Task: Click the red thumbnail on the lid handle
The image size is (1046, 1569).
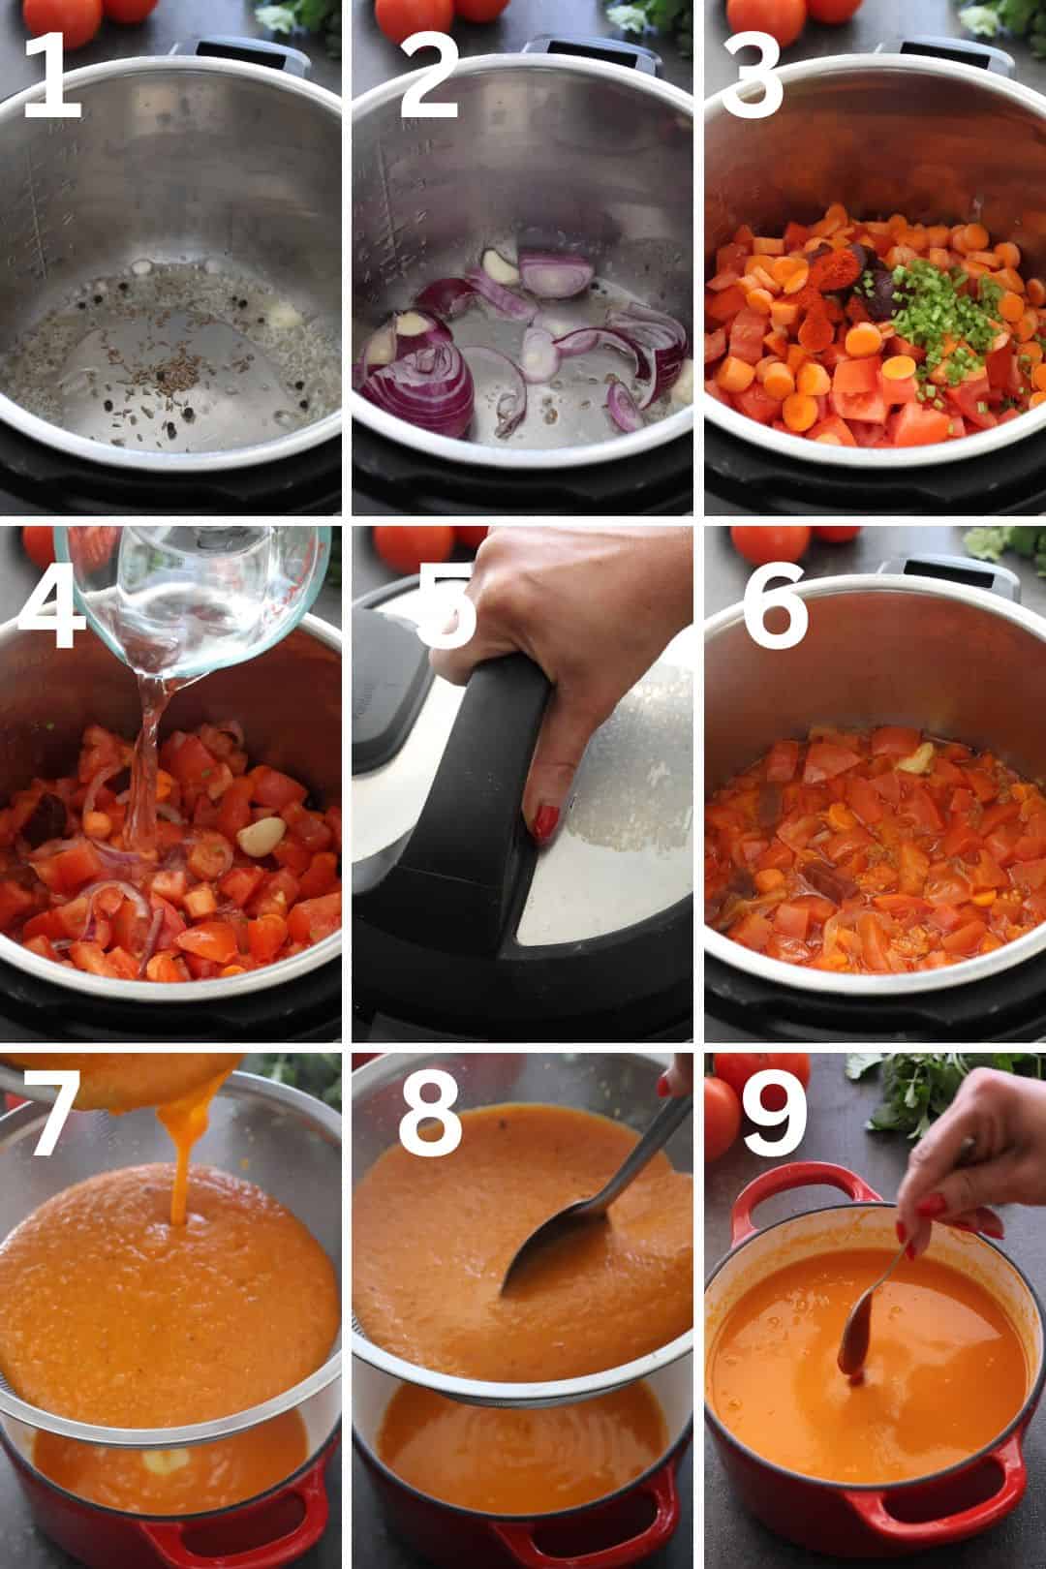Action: tap(545, 823)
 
